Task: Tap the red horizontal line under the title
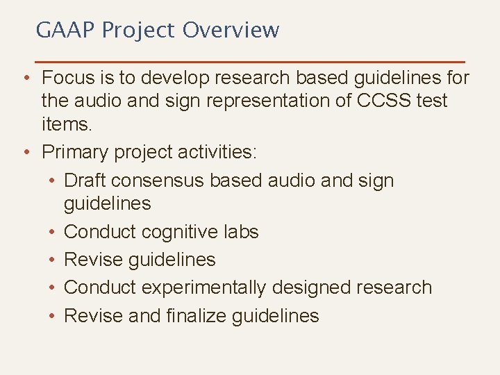(x=249, y=62)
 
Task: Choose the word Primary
(x=78, y=151)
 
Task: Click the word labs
(x=240, y=232)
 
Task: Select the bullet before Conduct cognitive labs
(x=52, y=232)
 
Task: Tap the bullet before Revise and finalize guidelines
(x=52, y=316)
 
